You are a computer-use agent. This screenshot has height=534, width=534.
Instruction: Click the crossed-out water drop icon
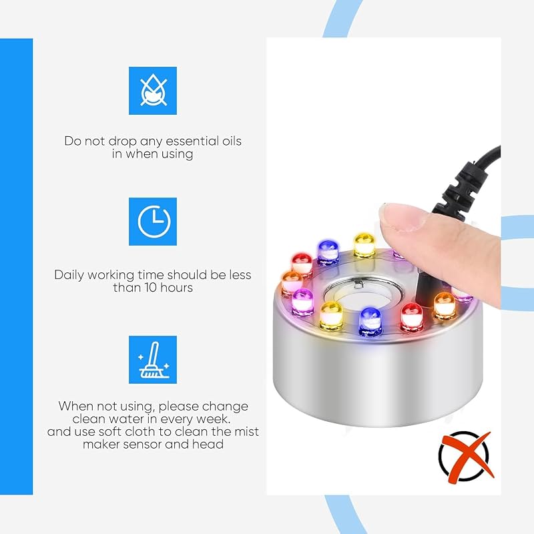[153, 90]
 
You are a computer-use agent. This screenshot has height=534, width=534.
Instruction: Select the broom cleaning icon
[153, 360]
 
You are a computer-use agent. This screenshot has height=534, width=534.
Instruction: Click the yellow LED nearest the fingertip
[364, 244]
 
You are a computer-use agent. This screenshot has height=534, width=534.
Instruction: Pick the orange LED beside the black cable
[445, 306]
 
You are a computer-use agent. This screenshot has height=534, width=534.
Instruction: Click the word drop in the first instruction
[123, 142]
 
